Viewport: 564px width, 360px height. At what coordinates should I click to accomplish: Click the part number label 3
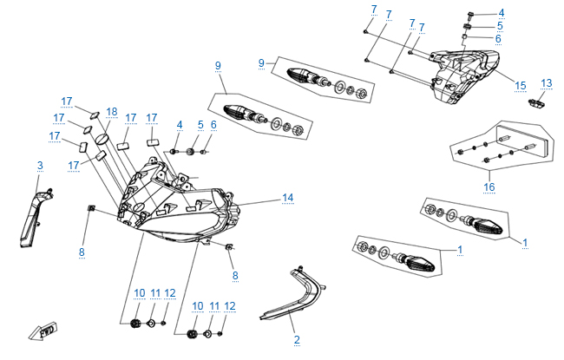tap(39, 165)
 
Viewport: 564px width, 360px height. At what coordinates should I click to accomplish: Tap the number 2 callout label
tap(296, 338)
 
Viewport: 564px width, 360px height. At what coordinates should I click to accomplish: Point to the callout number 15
tap(521, 85)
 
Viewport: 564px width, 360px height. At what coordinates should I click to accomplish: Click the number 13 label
tap(546, 83)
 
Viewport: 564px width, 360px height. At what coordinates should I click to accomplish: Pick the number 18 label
tap(111, 111)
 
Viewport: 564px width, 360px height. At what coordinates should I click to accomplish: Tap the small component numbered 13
tap(537, 103)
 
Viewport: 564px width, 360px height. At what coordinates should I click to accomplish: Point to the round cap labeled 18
tap(102, 137)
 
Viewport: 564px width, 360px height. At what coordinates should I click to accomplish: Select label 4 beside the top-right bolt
tap(525, 12)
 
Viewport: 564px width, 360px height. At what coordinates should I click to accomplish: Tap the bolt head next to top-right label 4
tap(469, 15)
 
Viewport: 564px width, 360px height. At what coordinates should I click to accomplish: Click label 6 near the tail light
tap(523, 39)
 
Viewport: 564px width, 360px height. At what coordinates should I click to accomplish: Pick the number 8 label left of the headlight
tap(82, 252)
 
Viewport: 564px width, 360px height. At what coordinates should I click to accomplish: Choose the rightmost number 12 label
tap(230, 306)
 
